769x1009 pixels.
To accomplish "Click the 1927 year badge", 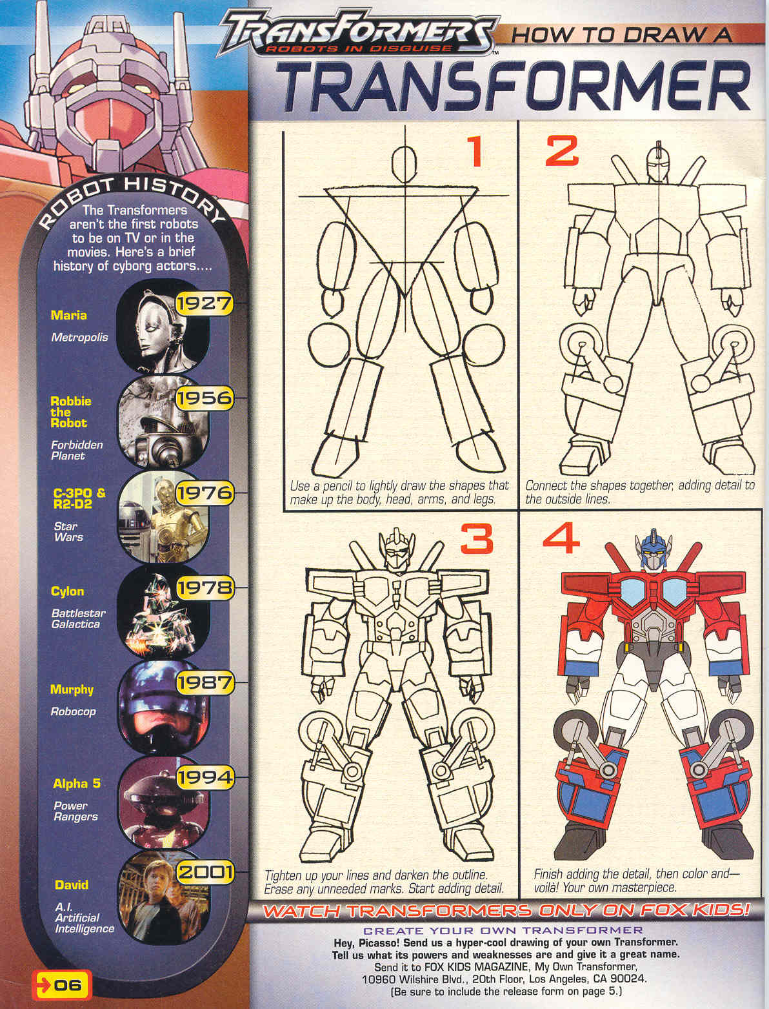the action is tap(205, 304).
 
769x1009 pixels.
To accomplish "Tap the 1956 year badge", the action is tap(205, 398).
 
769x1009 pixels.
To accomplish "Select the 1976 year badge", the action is tap(205, 493).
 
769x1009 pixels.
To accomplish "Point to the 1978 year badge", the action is tap(205, 588).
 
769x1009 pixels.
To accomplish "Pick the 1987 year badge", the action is tap(205, 682).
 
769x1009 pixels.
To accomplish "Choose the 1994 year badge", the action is tap(205, 778).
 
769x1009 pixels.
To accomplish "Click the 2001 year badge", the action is tap(205, 872).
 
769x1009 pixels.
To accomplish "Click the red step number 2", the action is tap(561, 151).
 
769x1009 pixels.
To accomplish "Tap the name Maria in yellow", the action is tap(68, 315).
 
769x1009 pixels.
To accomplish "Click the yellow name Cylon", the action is tap(68, 592).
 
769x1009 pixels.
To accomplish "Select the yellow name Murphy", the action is tap(72, 690).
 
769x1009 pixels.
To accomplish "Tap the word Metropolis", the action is tap(79, 338).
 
